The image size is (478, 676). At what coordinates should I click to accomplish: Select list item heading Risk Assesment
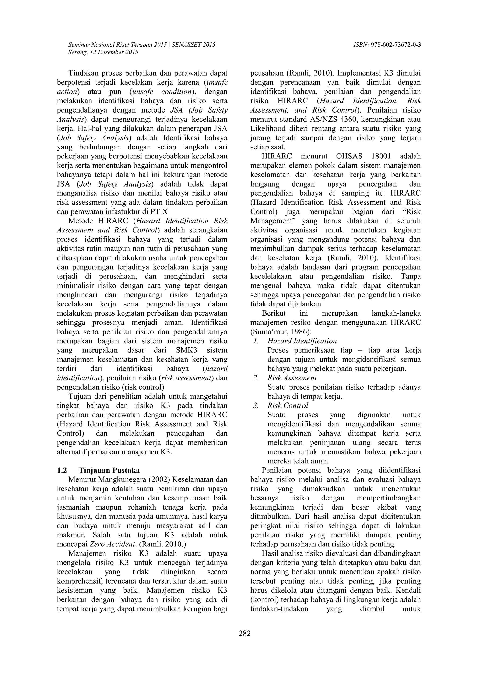pos(292,378)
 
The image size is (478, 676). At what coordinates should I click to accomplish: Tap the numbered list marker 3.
pos(256,406)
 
